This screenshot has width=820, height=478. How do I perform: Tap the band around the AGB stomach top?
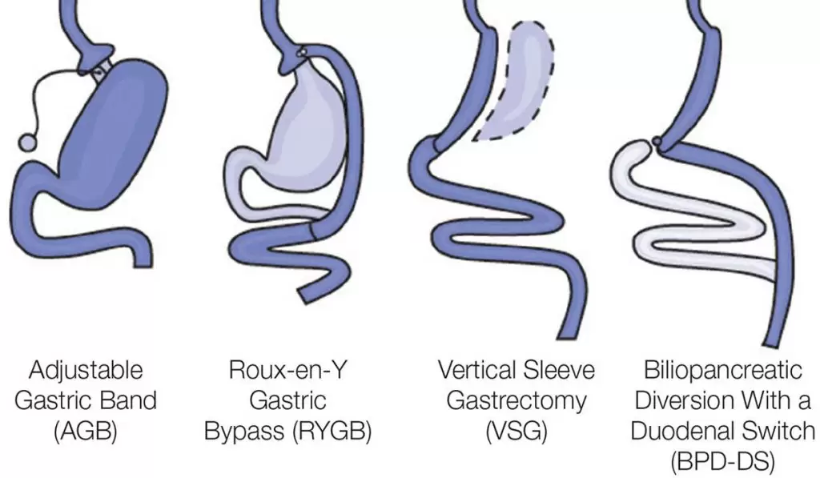[100, 70]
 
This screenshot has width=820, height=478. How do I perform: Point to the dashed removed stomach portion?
[515, 81]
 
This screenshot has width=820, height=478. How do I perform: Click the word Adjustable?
[86, 370]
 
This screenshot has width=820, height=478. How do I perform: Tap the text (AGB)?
[86, 432]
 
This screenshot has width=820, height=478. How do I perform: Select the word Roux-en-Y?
[288, 370]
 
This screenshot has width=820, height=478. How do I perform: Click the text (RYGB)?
[332, 432]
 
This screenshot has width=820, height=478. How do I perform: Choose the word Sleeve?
[558, 370]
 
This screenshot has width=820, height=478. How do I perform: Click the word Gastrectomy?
[517, 401]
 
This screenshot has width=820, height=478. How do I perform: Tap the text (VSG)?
[517, 432]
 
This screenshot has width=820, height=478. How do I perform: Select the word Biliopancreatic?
[723, 370]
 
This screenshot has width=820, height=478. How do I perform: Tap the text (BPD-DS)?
[723, 462]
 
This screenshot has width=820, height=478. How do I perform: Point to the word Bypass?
[244, 432]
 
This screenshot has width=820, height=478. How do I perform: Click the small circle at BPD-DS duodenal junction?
[657, 141]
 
